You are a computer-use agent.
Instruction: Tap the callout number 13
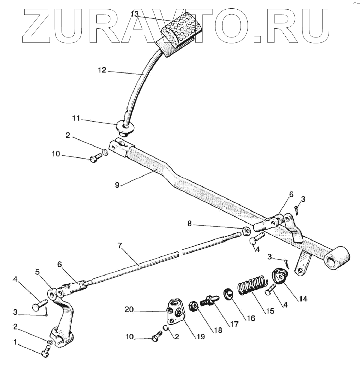pyautogui.click(x=134, y=14)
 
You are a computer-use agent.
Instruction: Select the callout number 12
pyautogui.click(x=102, y=71)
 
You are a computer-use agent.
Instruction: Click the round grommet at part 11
pyautogui.click(x=124, y=127)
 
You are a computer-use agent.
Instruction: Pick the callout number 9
pyautogui.click(x=117, y=185)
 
